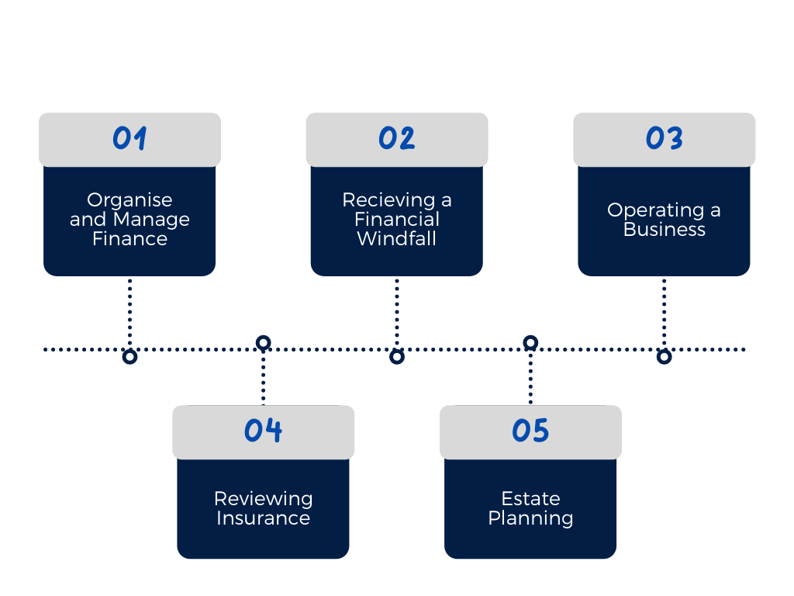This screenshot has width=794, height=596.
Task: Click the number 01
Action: [129, 138]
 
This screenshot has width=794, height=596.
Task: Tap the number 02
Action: [397, 138]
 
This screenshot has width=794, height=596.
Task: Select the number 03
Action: [665, 138]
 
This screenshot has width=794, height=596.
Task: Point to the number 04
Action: [264, 430]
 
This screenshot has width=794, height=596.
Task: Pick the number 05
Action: [530, 431]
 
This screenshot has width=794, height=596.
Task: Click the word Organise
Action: [129, 201]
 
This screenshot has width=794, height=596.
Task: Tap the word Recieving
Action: [388, 201]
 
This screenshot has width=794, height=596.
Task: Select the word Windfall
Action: [397, 239]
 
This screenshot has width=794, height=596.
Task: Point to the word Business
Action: [665, 230]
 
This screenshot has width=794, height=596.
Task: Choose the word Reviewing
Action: [264, 500]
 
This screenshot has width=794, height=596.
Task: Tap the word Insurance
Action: [264, 518]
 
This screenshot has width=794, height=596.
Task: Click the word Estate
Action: [530, 499]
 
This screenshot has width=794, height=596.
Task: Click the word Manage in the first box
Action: [151, 220]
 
